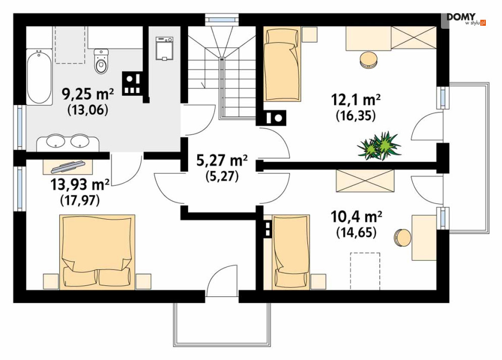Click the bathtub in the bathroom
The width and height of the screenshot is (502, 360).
click(39, 77)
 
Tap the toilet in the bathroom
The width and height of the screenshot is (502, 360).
click(101, 61)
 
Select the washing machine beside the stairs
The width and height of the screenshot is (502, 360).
click(164, 48)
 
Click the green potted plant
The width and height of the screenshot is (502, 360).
click(379, 145)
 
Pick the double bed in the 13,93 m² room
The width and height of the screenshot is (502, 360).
click(97, 252)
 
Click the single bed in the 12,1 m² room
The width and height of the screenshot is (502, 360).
click(282, 64)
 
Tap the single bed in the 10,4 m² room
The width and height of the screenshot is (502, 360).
click(291, 252)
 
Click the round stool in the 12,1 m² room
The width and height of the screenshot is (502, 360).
click(368, 60)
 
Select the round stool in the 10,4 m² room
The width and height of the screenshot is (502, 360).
click(403, 238)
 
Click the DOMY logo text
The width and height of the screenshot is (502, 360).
click(461, 17)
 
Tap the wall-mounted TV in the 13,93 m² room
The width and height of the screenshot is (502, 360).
click(68, 166)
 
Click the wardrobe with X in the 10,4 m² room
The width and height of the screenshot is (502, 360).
click(365, 181)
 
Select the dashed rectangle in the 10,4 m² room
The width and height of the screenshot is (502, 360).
click(365, 271)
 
